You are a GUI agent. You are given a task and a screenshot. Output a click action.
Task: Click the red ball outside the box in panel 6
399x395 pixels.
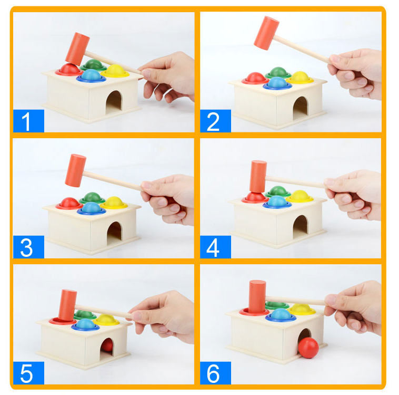[x=308, y=348]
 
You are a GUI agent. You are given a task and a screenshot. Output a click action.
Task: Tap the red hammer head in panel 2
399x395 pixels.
[x=266, y=33]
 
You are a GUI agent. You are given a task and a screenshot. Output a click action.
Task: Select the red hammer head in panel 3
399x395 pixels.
[x=76, y=170]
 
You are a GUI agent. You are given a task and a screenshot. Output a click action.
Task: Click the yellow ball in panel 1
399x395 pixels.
[x=115, y=70]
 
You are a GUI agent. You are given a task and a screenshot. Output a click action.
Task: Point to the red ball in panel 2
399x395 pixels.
[x=255, y=78]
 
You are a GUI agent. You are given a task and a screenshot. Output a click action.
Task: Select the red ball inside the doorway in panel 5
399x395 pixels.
[x=107, y=345]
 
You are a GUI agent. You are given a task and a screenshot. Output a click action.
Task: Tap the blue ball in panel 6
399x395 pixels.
[x=280, y=314]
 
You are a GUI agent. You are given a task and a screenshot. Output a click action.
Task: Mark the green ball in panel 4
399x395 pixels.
[x=278, y=191]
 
